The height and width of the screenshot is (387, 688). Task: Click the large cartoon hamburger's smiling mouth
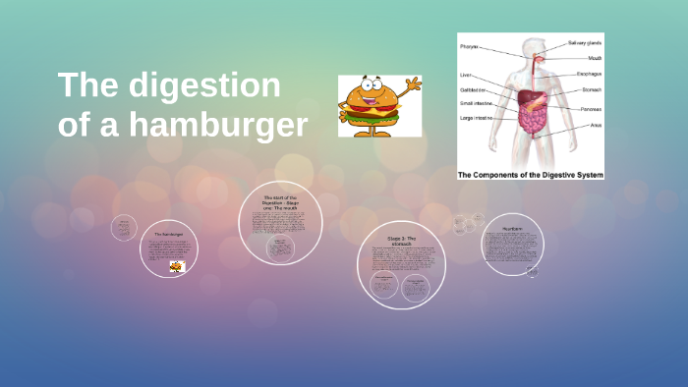[x=372, y=102]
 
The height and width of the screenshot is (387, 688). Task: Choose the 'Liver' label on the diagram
[x=465, y=75]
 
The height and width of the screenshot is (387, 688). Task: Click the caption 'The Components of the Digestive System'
[x=530, y=174]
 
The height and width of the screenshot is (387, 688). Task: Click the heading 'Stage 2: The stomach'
[x=401, y=242]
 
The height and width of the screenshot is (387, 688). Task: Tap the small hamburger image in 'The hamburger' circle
[x=176, y=266]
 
